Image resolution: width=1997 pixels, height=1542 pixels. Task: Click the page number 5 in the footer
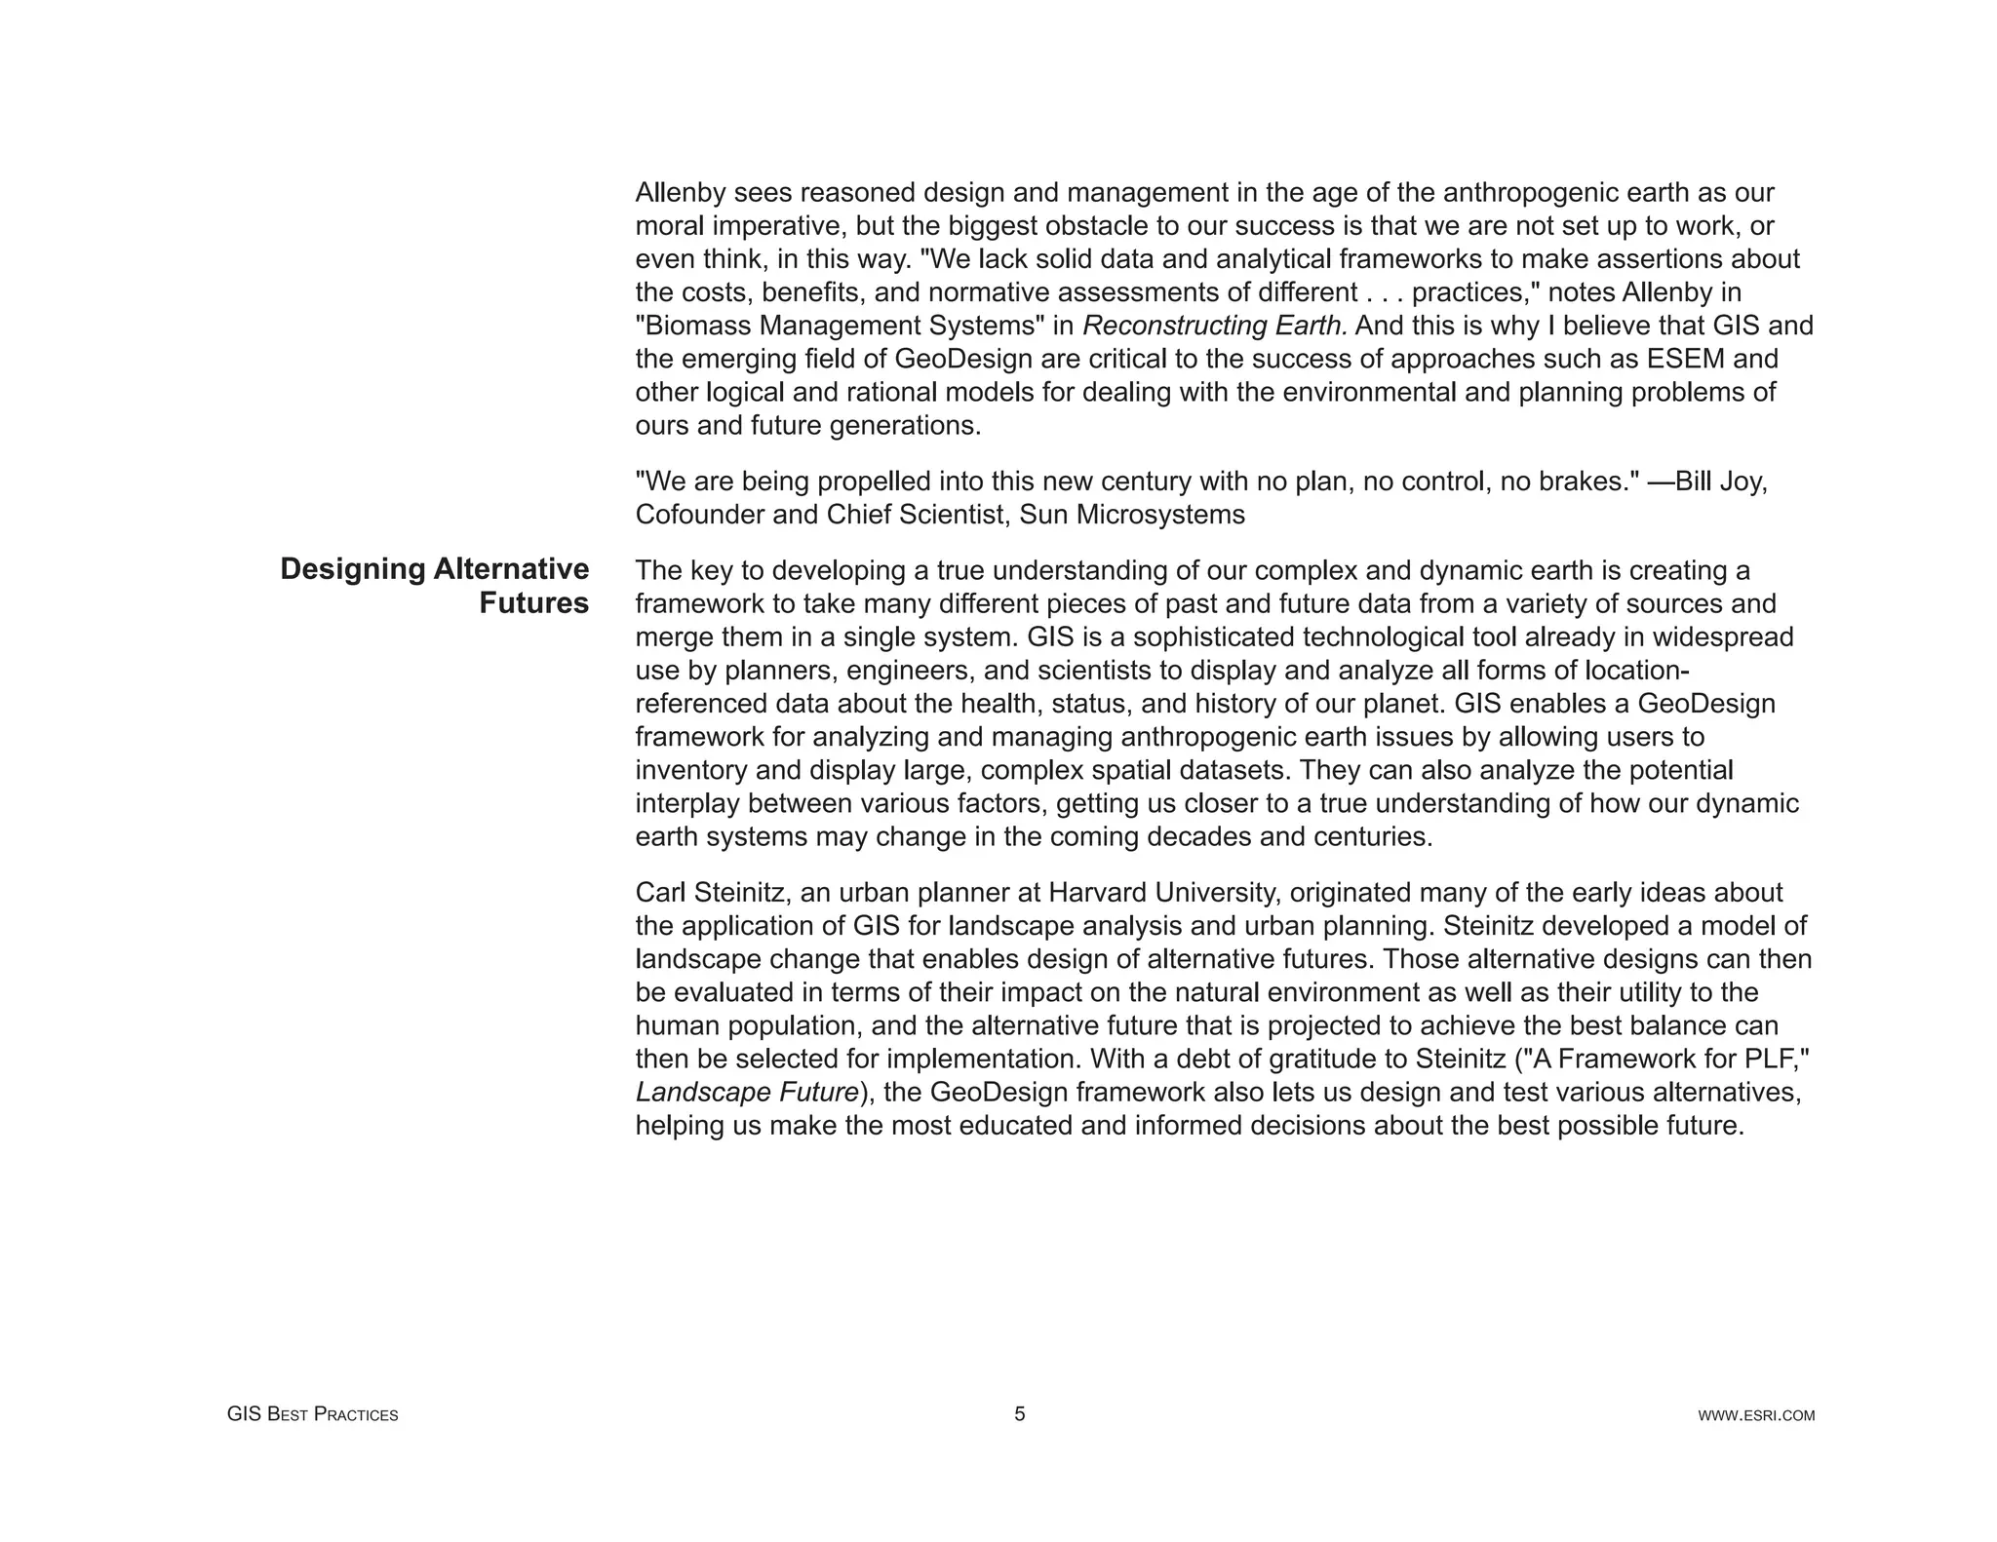1019,1414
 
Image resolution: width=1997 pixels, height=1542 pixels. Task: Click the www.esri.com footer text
1756,1415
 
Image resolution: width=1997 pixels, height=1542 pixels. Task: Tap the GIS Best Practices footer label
312,1414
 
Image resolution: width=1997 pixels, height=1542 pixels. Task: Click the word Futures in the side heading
533,603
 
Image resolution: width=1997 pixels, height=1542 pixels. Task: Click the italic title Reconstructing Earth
1215,326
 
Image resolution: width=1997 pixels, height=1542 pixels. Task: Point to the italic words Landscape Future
747,1092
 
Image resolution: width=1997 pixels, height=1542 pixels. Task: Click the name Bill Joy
1720,482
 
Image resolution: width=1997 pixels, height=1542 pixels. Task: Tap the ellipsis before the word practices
1384,292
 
